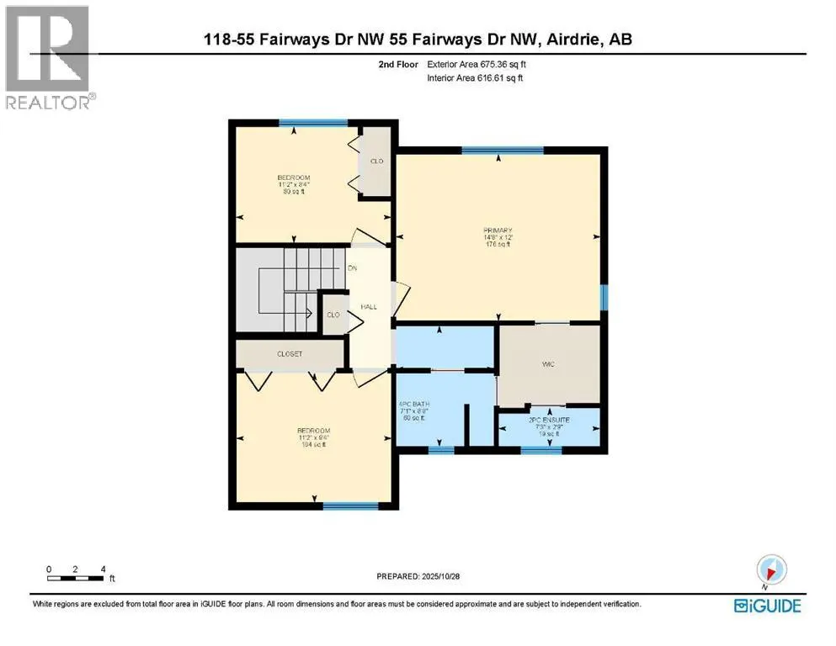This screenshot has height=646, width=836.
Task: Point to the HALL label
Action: click(x=368, y=307)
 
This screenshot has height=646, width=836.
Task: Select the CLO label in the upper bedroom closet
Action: click(x=376, y=161)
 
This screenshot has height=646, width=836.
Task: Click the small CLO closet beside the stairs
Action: click(x=333, y=315)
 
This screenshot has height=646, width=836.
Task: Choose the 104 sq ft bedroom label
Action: click(x=294, y=438)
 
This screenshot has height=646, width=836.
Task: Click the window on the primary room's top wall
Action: click(x=502, y=151)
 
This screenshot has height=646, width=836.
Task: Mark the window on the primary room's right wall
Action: click(x=603, y=297)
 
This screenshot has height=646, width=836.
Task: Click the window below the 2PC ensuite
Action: click(x=540, y=451)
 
